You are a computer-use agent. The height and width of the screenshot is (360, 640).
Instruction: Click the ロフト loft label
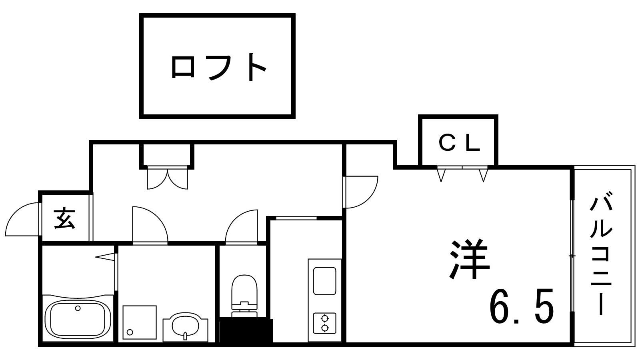(218, 67)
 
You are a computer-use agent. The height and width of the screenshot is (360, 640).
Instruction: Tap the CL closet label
(458, 143)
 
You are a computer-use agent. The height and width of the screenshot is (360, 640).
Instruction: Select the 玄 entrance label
(65, 218)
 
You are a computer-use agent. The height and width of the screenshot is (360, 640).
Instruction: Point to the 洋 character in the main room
(469, 259)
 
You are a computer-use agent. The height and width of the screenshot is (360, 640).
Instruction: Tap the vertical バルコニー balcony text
(601, 256)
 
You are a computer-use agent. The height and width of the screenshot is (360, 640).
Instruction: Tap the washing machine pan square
(139, 322)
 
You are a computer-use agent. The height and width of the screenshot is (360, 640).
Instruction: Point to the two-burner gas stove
(324, 323)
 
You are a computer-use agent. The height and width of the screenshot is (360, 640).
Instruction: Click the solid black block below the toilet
(246, 331)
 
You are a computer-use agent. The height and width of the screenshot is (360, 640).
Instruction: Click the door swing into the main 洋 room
(361, 192)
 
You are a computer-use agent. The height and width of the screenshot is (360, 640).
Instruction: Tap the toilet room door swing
(241, 227)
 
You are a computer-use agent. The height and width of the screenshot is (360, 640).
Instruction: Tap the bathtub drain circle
(78, 308)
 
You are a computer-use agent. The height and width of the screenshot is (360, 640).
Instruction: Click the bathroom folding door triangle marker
(106, 256)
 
